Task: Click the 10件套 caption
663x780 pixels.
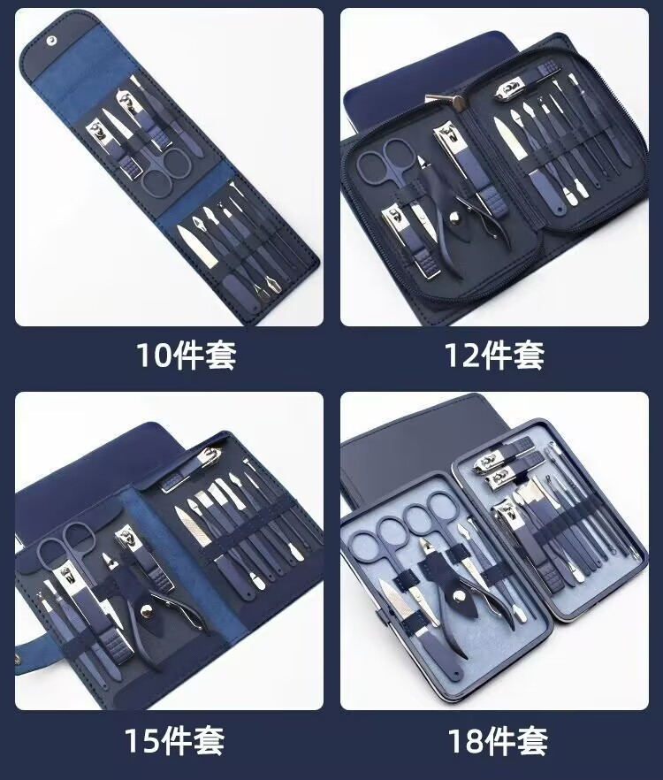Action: [186, 355]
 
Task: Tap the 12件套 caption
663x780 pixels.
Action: [494, 355]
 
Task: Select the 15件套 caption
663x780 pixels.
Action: [174, 741]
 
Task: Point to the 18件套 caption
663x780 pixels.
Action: [498, 741]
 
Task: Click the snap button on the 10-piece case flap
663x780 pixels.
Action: [51, 39]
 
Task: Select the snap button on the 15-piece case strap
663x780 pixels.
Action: [18, 659]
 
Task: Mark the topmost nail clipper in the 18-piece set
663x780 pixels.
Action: [503, 455]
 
